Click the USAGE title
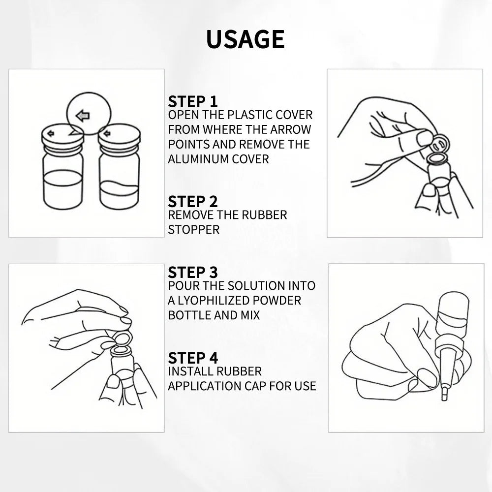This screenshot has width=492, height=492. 245,39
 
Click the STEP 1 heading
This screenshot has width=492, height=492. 192,102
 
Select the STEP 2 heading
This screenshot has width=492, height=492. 192,202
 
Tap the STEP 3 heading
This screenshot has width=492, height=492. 192,273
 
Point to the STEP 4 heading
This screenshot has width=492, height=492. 192,358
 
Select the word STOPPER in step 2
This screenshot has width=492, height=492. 193,230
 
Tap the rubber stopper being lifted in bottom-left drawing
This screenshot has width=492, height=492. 122,339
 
